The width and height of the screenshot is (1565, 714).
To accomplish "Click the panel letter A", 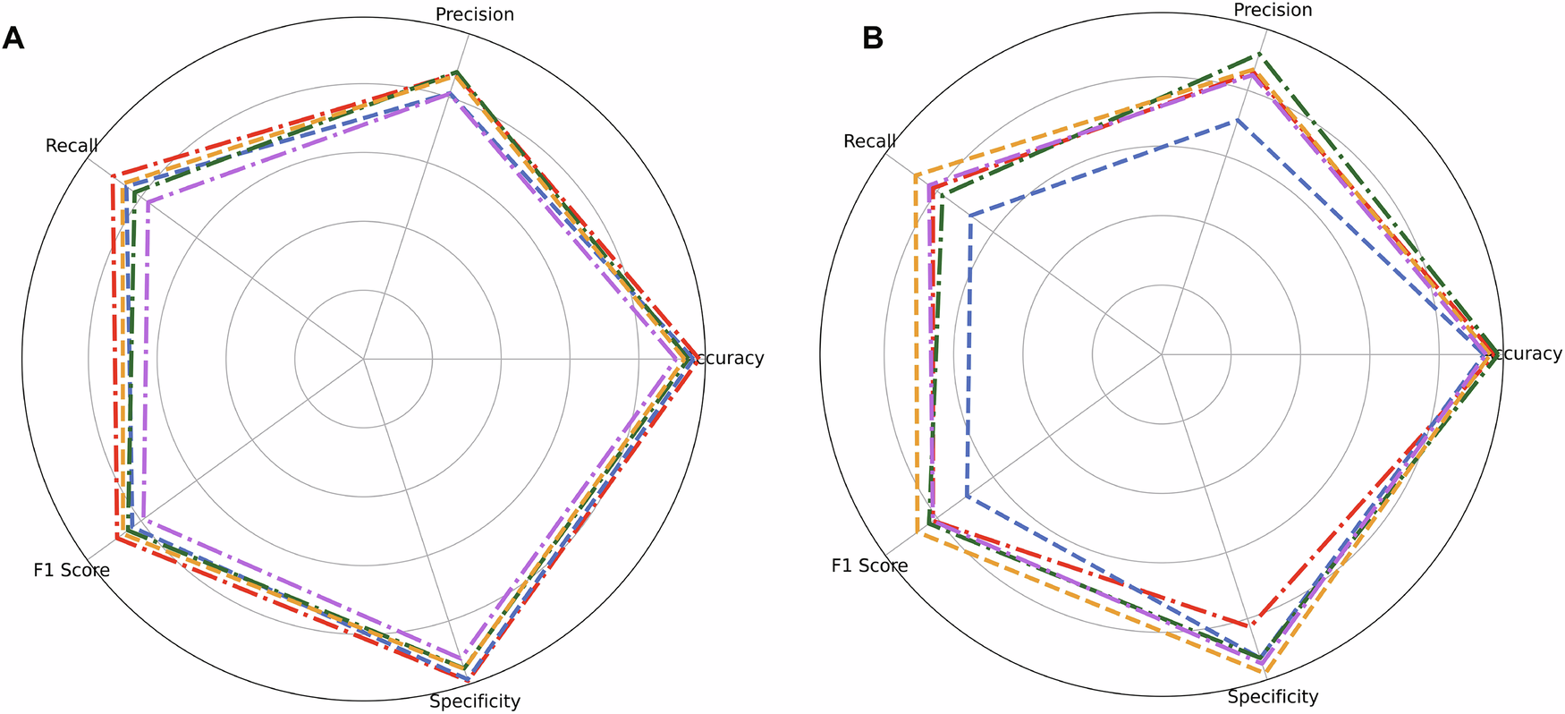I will [13, 39].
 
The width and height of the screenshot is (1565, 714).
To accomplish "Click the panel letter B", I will [872, 39].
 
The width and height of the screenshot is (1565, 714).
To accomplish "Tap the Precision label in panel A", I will [474, 14].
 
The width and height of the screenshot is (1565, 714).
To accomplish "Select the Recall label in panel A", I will [72, 146].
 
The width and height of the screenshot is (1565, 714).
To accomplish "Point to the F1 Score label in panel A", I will [72, 570].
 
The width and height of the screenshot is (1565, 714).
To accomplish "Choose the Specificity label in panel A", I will [474, 701].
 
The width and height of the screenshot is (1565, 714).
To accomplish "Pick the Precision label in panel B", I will [1273, 10].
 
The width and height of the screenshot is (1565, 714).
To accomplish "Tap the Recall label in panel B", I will [869, 141].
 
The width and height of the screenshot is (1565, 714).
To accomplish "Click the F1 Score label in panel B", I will [869, 565].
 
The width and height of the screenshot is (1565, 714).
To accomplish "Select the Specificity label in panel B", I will [1273, 697].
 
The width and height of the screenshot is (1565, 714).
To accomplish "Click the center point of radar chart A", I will [364, 359].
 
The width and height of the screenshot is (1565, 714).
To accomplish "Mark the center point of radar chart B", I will [1162, 354].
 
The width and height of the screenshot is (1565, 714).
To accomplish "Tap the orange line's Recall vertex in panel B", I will [917, 175].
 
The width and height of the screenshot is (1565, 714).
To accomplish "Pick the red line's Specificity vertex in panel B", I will [1256, 617].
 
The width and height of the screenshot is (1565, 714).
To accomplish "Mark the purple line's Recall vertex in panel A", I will [148, 203].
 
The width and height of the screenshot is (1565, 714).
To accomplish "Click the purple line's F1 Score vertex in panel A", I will [146, 518].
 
